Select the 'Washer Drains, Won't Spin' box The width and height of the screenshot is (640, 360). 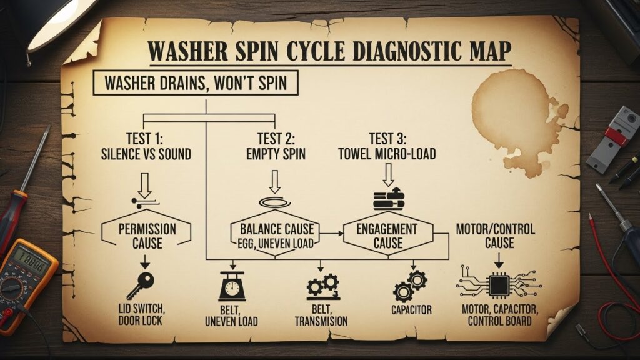pyautogui.click(x=196, y=83)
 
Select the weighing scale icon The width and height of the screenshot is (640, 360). pyautogui.click(x=232, y=286)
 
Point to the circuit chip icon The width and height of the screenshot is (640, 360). pyautogui.click(x=498, y=286)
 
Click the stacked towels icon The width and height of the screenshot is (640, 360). pyautogui.click(x=388, y=199)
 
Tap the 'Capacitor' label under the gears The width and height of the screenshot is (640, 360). pyautogui.click(x=411, y=309)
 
